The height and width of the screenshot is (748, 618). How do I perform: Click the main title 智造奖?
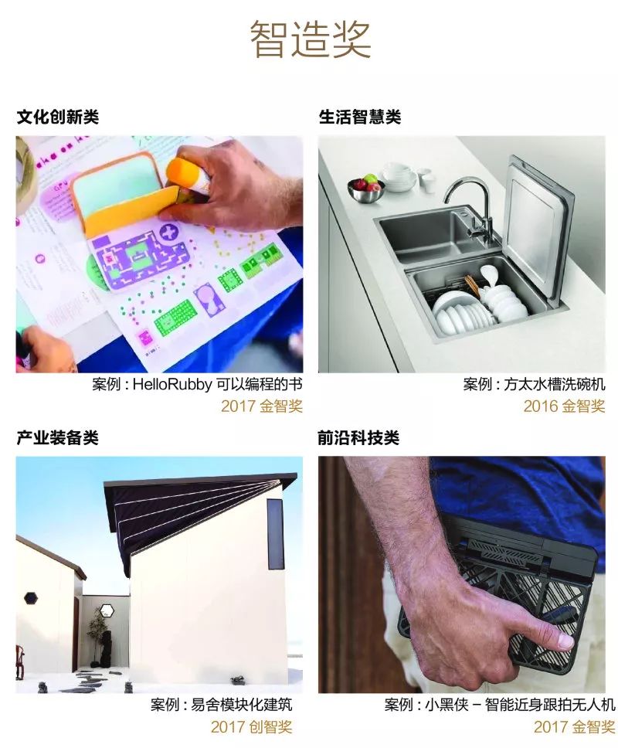point(310,39)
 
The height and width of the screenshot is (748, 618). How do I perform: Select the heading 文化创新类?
point(58,117)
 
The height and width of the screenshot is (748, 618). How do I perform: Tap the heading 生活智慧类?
point(360,117)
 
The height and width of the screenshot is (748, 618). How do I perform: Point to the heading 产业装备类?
point(58,437)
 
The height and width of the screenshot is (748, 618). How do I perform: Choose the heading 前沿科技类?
point(358,437)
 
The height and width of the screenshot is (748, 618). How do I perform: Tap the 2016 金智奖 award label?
point(564,406)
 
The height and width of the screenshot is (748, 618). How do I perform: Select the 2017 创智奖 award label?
point(251,726)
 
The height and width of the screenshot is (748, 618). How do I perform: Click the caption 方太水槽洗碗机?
point(555,384)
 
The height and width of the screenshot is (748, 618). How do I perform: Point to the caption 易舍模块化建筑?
point(242,705)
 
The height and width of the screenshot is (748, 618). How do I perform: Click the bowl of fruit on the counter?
point(365,188)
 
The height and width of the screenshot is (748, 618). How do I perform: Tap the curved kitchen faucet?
point(471,205)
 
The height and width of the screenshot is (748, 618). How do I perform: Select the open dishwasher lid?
point(539,226)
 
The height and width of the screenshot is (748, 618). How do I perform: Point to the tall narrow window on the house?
point(276,534)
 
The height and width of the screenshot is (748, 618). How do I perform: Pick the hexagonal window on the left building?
point(31,597)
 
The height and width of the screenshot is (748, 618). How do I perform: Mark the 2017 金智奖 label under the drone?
point(574,726)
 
